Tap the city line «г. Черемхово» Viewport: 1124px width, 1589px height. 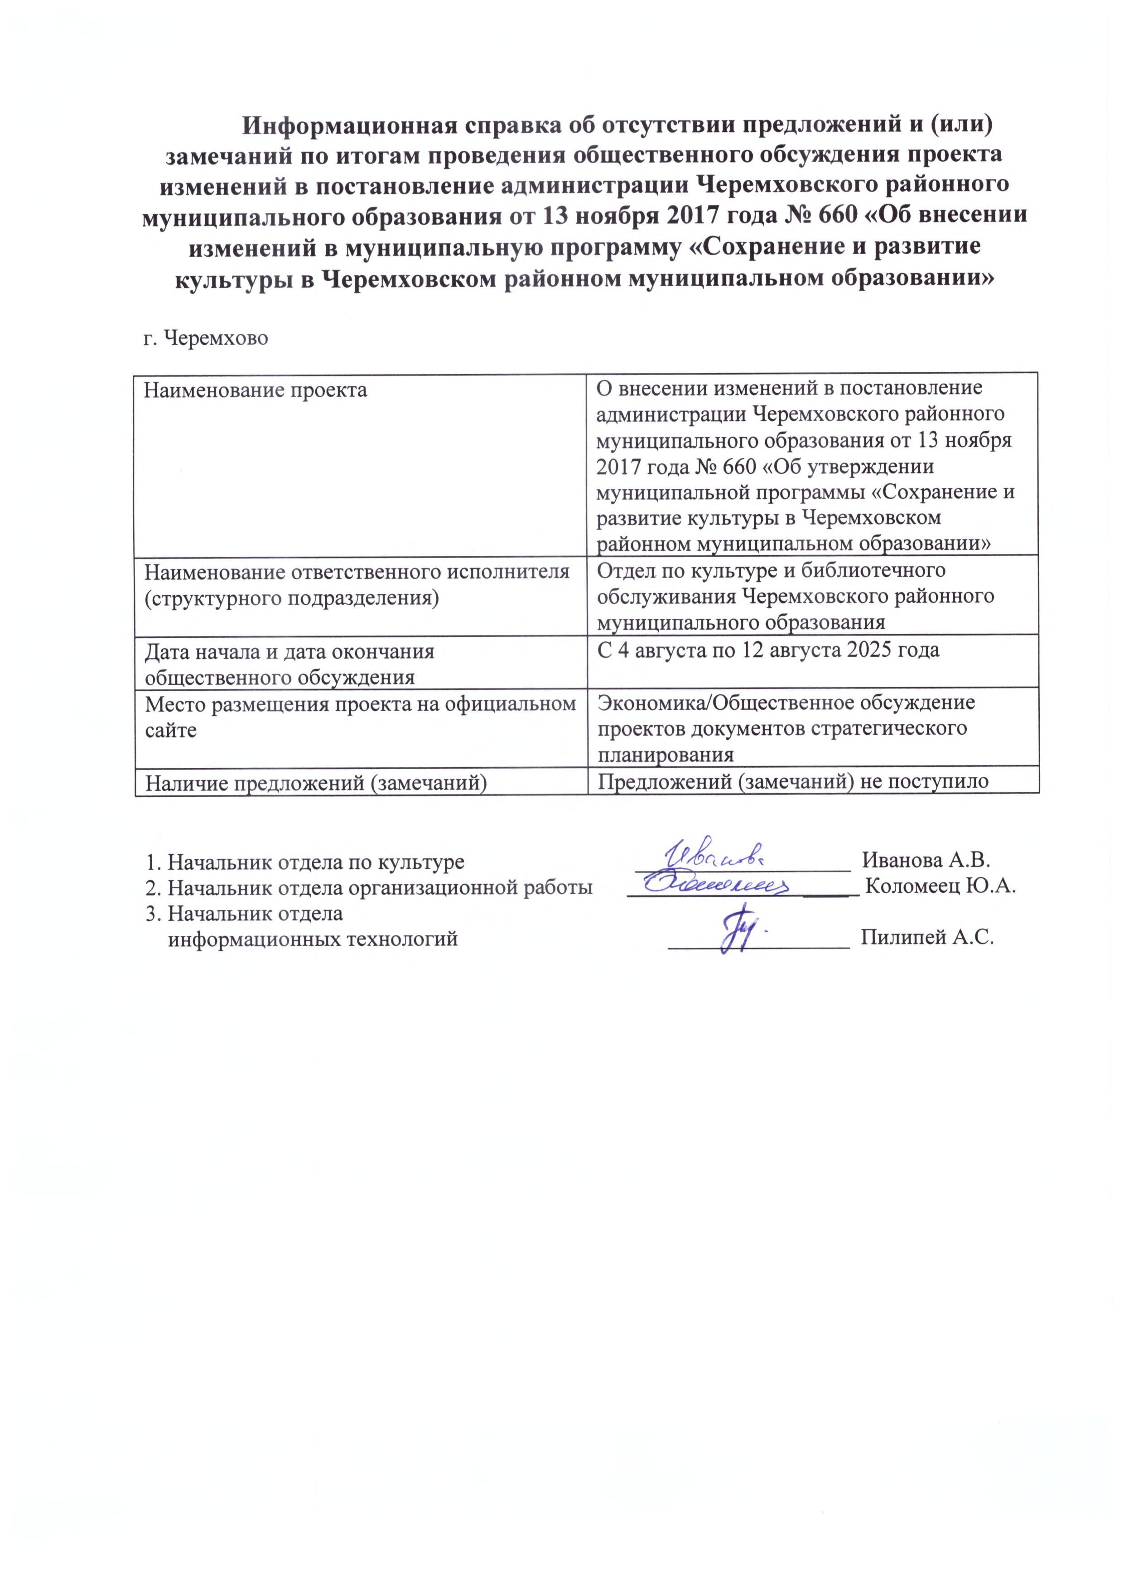tap(206, 338)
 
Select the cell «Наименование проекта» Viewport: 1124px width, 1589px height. tap(256, 390)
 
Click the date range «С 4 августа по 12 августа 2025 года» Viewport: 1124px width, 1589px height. tap(768, 650)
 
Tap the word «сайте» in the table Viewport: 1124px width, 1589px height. tap(170, 730)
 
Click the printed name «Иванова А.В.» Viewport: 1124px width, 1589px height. tap(927, 861)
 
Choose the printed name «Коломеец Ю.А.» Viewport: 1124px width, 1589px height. tap(941, 887)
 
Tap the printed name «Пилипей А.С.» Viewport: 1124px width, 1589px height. tap(927, 939)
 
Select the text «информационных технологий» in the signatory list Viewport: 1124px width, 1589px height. tap(313, 939)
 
